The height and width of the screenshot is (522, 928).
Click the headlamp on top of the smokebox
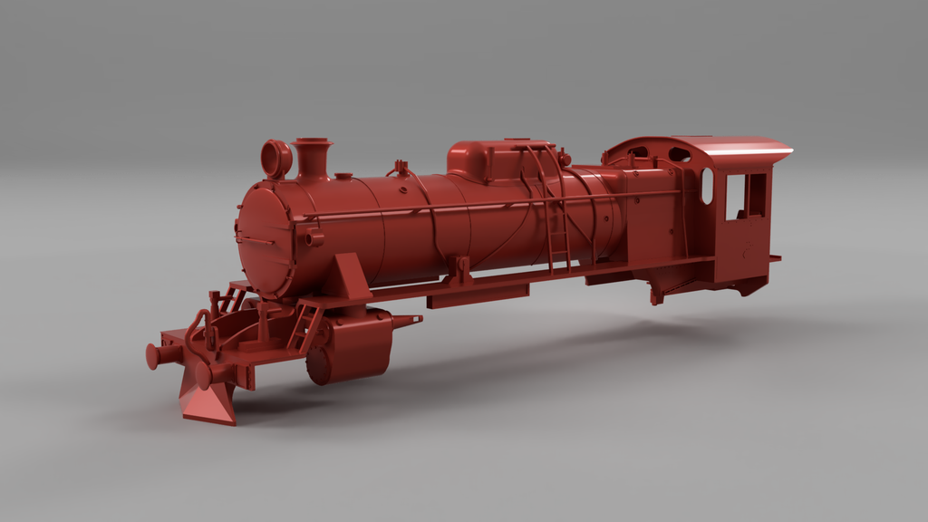pos(275,159)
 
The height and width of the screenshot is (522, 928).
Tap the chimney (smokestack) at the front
pos(312,158)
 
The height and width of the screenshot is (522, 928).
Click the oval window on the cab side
pos(707,186)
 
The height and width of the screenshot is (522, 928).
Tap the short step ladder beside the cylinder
pos(304,326)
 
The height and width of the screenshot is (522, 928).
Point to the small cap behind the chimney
pos(343,175)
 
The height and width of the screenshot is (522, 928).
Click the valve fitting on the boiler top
pos(398,168)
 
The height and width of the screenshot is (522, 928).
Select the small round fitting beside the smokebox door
pos(314,239)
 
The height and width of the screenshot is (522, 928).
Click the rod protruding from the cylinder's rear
pos(406,320)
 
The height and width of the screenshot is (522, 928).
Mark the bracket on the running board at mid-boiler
pos(462,270)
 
